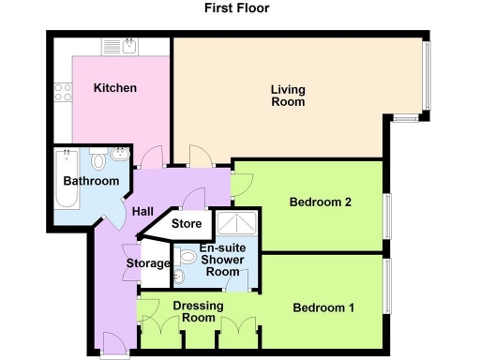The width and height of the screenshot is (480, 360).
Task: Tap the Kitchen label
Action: click(115, 88)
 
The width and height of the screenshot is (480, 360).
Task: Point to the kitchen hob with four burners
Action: click(65, 92)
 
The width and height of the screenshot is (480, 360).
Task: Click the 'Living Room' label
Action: click(288, 96)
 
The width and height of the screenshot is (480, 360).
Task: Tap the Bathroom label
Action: click(91, 181)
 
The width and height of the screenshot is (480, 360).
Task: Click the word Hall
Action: click(142, 212)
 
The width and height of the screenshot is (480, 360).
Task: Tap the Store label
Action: click(187, 224)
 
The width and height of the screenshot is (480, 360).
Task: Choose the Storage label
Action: click(148, 263)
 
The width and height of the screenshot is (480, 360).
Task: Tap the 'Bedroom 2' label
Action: click(320, 202)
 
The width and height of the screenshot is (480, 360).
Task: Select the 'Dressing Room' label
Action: click(197, 311)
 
